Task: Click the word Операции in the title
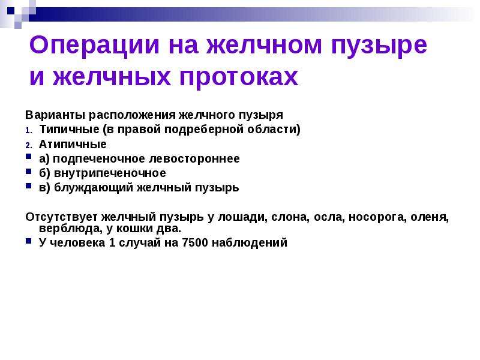(x=94, y=46)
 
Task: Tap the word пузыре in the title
(x=379, y=46)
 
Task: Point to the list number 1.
(x=28, y=131)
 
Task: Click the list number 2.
(x=28, y=145)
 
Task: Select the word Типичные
(x=69, y=130)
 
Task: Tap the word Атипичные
(x=73, y=144)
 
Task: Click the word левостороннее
(x=194, y=158)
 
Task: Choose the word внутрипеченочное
(x=110, y=173)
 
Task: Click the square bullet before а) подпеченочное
(x=28, y=157)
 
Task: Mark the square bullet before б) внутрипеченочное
(x=28, y=171)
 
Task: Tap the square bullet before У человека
(x=28, y=241)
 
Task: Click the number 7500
(x=195, y=242)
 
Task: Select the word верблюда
(x=70, y=229)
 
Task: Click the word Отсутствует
(x=62, y=217)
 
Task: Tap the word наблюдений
(x=250, y=243)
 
